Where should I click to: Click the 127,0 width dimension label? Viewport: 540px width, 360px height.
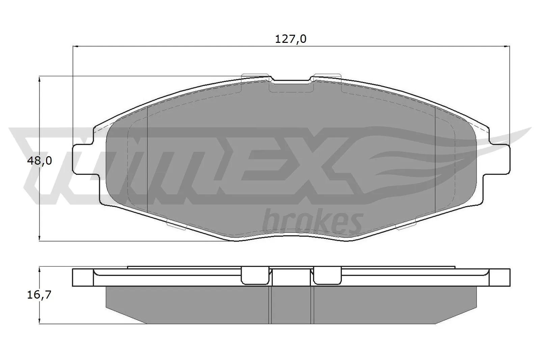[x=291, y=39]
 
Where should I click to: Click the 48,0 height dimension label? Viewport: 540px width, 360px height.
[x=39, y=161]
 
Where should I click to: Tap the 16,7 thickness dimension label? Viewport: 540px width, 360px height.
[x=39, y=295]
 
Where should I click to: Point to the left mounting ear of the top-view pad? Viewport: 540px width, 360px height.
[x=83, y=159]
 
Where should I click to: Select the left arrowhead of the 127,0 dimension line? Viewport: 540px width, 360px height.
[x=76, y=46]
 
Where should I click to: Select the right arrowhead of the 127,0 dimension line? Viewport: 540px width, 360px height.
[x=507, y=46]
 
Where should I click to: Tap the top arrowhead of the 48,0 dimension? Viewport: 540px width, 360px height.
[x=40, y=79]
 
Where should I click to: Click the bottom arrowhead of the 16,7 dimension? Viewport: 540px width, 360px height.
[x=40, y=322]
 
